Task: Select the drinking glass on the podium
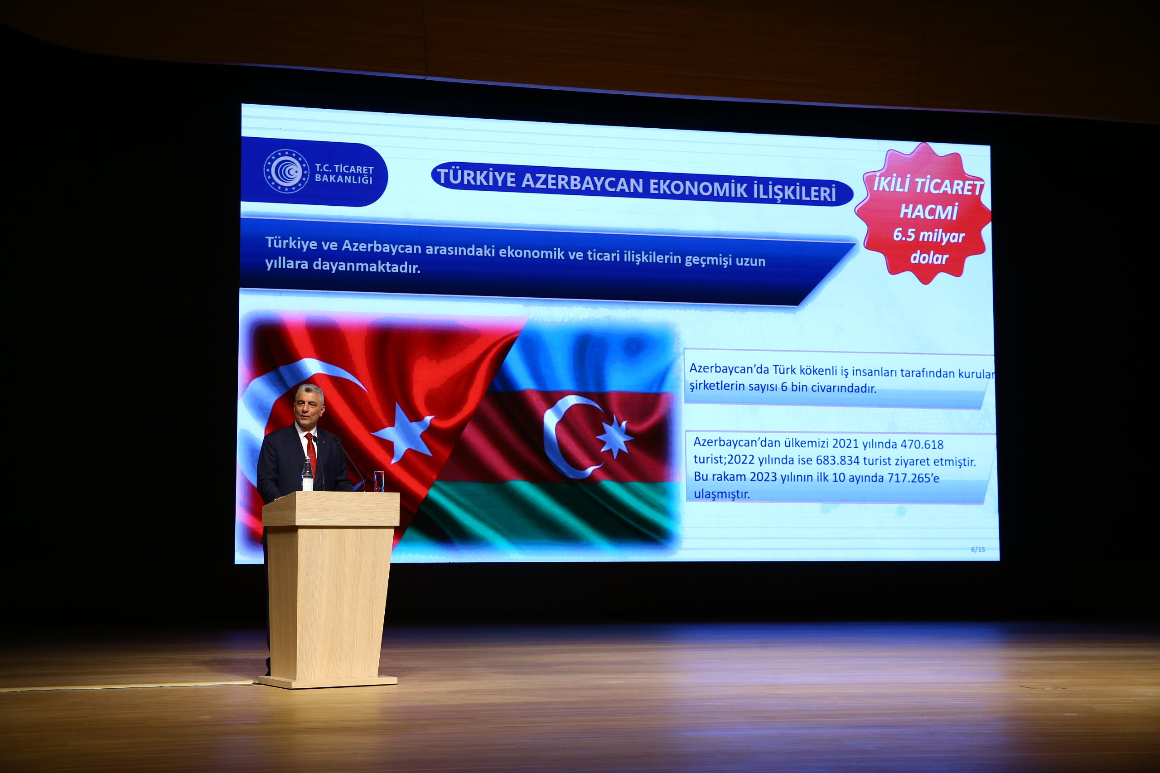point(379,481)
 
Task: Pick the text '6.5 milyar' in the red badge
point(928,235)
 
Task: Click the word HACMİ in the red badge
point(928,212)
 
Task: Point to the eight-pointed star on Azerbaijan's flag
point(615,436)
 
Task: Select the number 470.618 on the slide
point(922,444)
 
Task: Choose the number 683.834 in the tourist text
point(837,460)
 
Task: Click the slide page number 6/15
point(977,549)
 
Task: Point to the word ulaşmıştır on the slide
point(722,494)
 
